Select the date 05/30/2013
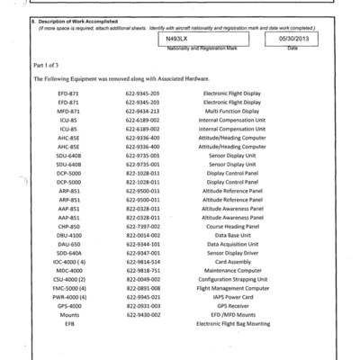tap(290, 40)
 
